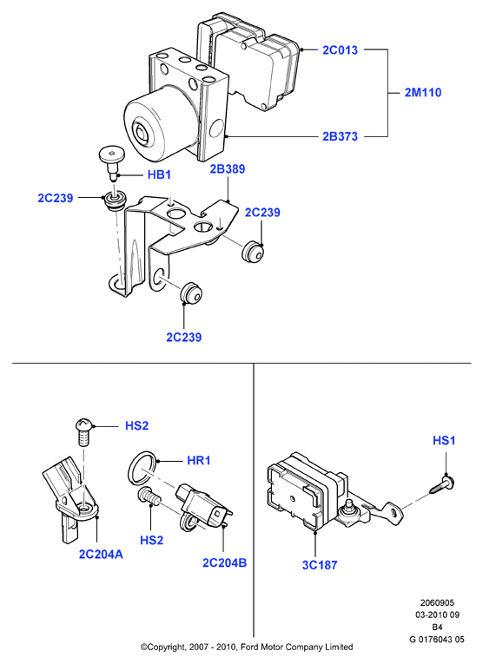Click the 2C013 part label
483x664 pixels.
340,50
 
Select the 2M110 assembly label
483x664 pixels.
423,92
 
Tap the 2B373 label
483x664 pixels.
340,136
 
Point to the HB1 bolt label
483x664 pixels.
159,174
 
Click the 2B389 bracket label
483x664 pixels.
228,169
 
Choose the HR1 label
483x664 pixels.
199,460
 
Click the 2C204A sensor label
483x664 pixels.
101,555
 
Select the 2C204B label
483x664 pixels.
224,562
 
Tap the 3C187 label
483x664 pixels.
320,565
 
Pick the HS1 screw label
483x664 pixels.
444,441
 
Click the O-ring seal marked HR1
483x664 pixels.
142,468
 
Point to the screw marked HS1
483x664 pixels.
441,484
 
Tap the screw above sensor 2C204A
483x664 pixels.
84,431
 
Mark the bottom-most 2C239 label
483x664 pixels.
184,338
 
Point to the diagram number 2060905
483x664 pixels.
437,603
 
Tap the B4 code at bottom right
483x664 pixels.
437,628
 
